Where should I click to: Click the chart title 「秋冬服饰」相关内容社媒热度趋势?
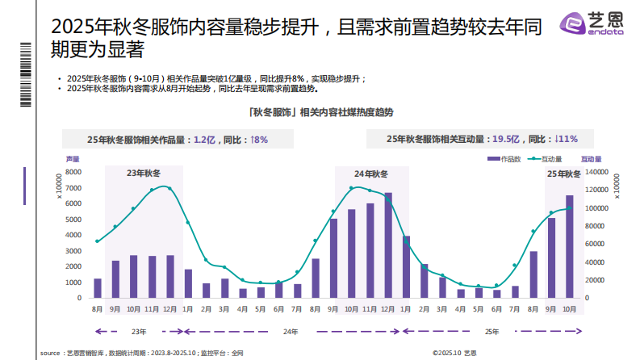320,111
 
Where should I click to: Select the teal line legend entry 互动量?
547,160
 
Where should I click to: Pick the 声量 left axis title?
73,160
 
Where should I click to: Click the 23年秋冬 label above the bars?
144,174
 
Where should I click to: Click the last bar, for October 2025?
570,246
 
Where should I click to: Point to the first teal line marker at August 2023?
98,241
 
